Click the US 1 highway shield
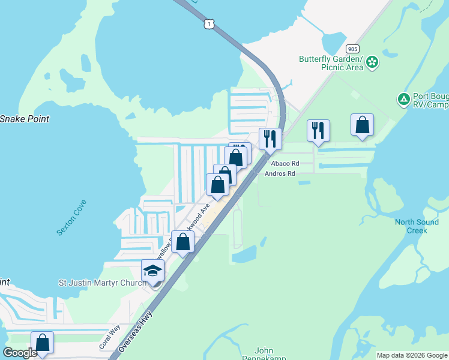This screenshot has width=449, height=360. point(208,23)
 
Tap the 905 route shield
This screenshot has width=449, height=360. point(352,48)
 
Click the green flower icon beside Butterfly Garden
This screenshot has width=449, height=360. point(373,62)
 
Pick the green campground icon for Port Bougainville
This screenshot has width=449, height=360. point(404,98)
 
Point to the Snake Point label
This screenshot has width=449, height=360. point(24,119)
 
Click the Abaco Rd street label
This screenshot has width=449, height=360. point(285,163)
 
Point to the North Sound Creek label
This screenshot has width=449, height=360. point(417,226)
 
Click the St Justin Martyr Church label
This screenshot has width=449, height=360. point(102,283)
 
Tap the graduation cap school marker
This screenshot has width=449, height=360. point(152,271)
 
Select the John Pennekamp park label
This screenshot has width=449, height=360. point(264,351)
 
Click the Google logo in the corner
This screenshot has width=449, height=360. point(20,353)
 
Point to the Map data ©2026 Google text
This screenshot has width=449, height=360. point(412,355)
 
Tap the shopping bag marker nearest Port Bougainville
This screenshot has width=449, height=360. point(362,125)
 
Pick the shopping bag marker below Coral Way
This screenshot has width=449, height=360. point(43,343)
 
